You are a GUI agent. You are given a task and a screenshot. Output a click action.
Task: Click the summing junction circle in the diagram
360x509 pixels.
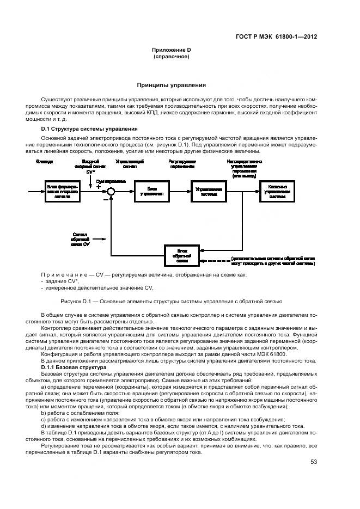(x=111, y=191)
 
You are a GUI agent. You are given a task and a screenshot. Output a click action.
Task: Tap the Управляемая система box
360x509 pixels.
(x=208, y=191)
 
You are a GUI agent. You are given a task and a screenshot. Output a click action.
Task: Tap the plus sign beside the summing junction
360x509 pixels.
(x=99, y=186)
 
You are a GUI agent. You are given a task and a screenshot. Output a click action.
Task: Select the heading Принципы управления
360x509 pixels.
(x=171, y=85)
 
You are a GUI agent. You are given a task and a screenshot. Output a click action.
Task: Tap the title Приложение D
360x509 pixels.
(x=171, y=50)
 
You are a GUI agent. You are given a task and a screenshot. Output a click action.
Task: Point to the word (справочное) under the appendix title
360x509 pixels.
(x=171, y=57)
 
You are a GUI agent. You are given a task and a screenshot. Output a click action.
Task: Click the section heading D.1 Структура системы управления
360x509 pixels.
(x=90, y=129)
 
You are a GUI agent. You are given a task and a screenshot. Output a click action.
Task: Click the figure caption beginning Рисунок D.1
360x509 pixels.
(x=171, y=301)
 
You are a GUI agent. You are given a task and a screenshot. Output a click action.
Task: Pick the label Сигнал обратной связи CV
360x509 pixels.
(x=76, y=238)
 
